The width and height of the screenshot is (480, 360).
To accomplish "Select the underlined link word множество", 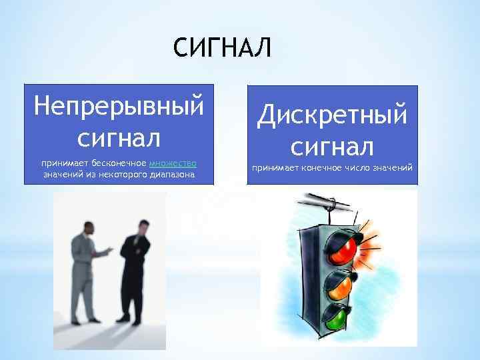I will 173,163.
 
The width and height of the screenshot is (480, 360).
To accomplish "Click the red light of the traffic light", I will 343,249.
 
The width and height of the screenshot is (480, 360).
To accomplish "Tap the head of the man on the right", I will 143,225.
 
